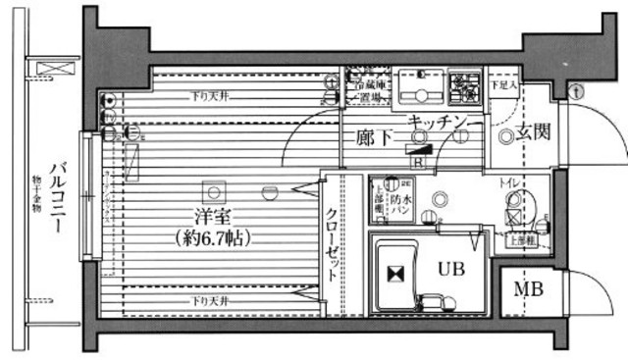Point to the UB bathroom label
[x=450, y=267]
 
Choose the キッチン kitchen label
[x=437, y=121]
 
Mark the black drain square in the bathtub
[x=395, y=276]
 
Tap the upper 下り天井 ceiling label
[x=211, y=96]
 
